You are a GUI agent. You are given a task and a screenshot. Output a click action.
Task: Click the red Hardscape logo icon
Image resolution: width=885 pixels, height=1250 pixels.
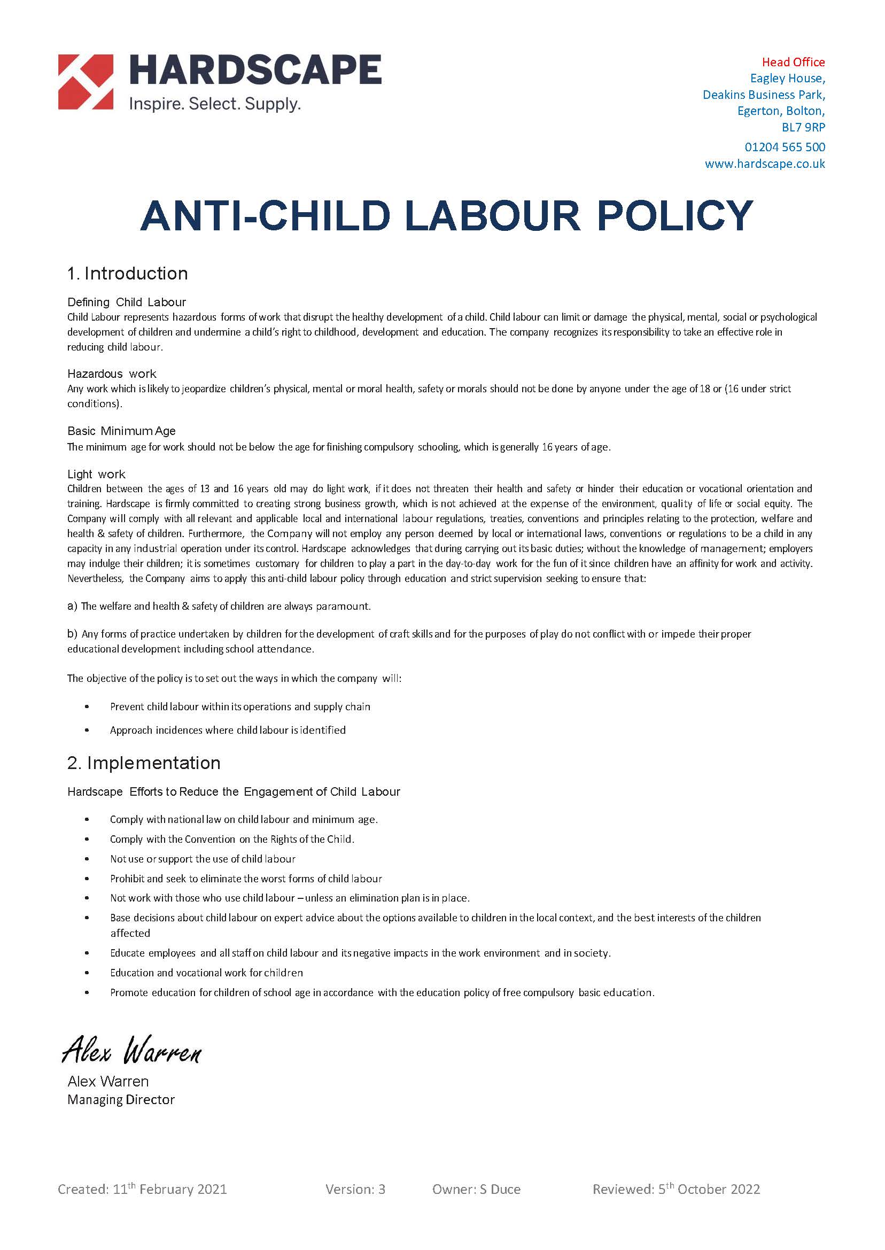point(86,82)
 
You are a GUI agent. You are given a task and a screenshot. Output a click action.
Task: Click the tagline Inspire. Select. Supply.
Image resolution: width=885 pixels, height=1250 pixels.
point(214,104)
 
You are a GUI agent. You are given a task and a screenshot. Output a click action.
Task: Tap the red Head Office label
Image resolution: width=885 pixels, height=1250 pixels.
point(793,62)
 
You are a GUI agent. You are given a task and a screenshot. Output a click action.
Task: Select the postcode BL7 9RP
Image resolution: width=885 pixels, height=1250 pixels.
point(803,128)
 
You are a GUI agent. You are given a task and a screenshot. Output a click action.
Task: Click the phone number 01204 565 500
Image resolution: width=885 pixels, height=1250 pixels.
point(784,147)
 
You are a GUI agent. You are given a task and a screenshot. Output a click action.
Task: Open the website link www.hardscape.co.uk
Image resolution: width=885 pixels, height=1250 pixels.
point(765,164)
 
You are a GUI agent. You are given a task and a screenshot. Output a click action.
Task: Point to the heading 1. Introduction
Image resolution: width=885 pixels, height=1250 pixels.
point(128,274)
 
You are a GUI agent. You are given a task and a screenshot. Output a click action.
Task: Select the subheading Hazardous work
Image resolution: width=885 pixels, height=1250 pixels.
point(112,374)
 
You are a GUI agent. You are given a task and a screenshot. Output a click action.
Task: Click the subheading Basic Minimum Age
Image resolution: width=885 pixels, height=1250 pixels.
point(121,431)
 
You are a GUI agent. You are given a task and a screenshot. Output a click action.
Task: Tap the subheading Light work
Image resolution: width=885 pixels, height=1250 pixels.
point(96,474)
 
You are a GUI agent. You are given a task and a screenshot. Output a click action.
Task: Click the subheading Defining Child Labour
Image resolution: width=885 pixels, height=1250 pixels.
point(127,302)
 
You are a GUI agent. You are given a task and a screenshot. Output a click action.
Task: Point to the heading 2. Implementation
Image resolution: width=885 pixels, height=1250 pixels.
point(144,763)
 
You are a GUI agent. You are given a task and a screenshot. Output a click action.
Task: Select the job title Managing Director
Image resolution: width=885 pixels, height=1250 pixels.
point(121,1100)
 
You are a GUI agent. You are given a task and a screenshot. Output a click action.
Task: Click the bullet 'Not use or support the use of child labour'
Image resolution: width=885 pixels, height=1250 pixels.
point(202,859)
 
